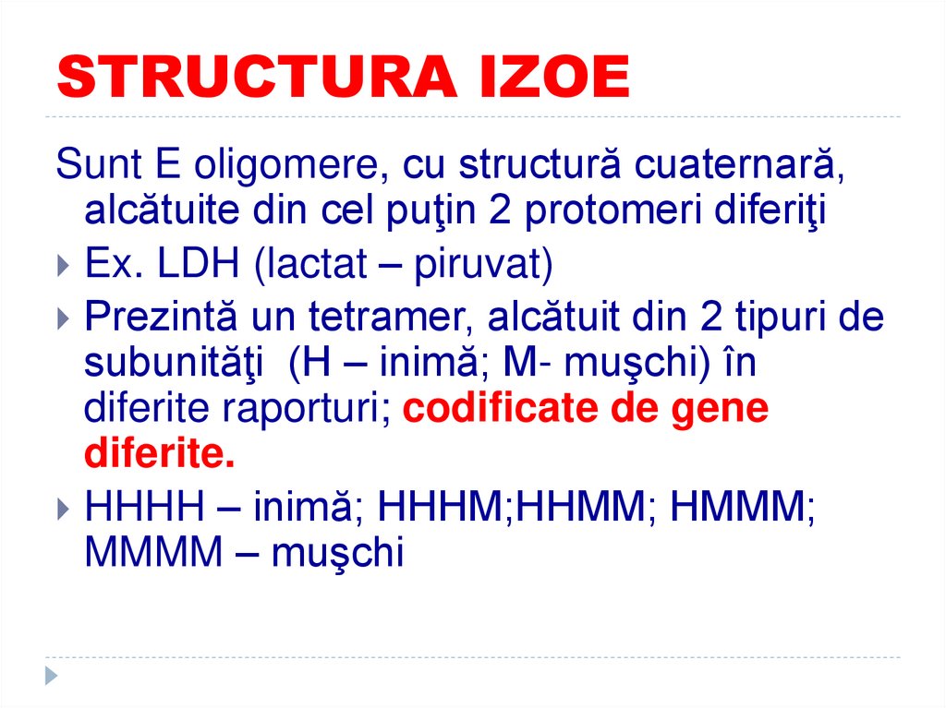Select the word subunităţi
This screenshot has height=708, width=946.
(x=176, y=364)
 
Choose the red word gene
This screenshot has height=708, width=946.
(x=723, y=409)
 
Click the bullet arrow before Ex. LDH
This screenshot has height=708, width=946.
(x=62, y=267)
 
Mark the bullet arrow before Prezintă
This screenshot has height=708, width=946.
(x=62, y=318)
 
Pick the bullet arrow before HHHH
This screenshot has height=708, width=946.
(x=62, y=508)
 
